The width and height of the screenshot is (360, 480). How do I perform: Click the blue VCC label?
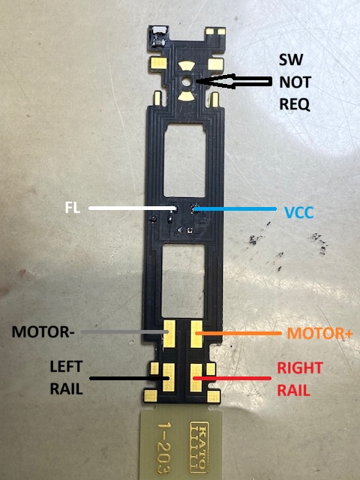coord(299,212)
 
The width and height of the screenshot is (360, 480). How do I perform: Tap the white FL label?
coord(73,208)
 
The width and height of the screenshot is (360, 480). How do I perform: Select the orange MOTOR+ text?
coord(320,333)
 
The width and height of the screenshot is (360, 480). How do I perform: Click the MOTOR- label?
coord(43,331)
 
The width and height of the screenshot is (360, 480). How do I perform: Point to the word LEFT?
coord(66,367)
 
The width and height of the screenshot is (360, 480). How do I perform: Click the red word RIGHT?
coord(300,368)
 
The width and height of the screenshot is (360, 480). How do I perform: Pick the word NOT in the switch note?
coord(295,82)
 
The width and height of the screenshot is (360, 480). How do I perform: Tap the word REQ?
coord(295,105)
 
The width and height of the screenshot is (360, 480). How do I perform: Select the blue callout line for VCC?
coord(235,209)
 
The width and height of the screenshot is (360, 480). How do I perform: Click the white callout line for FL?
coord(133,208)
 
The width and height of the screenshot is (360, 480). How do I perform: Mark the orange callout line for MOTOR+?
coord(238,333)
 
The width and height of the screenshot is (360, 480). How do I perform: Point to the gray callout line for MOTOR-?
coord(125,331)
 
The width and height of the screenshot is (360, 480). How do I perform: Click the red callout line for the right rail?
coord(232,378)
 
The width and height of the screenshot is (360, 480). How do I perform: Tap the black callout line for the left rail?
coord(129,378)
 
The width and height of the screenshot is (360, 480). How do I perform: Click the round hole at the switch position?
coord(186,82)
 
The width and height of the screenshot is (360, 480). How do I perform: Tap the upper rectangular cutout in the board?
coord(184,160)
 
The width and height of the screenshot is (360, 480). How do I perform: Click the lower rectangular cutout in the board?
coord(183,280)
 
